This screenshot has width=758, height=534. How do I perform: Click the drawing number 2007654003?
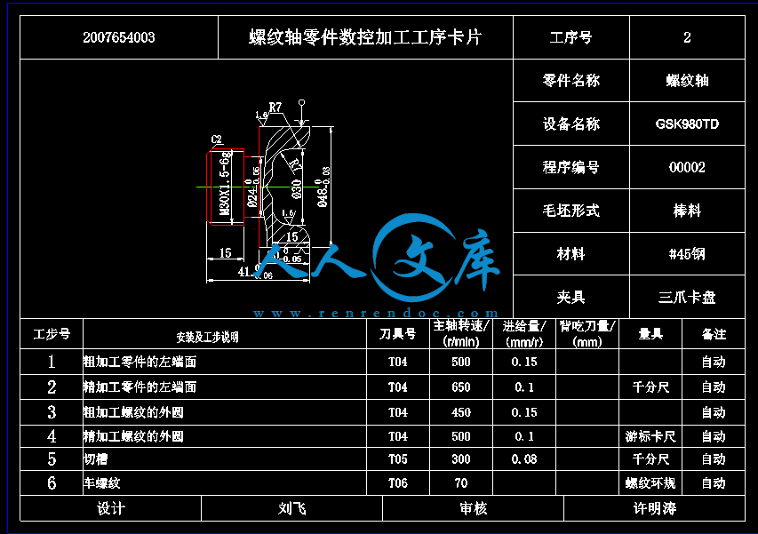click(x=118, y=37)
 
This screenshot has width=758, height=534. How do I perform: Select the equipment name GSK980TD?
click(x=687, y=124)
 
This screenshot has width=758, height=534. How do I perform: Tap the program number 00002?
click(x=687, y=168)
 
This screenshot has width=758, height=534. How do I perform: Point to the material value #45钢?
click(x=687, y=254)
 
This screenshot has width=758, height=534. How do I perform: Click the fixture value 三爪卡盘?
click(x=687, y=298)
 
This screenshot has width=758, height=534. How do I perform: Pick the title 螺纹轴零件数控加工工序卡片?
click(x=364, y=37)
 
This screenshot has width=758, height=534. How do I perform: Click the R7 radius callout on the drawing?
click(x=275, y=108)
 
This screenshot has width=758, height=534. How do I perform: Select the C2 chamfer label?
click(x=216, y=139)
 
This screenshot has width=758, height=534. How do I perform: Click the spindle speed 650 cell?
click(x=460, y=387)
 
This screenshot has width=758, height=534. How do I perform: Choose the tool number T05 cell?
click(x=397, y=459)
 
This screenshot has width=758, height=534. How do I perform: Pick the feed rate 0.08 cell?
click(x=524, y=459)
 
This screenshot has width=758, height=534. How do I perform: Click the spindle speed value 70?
click(x=460, y=483)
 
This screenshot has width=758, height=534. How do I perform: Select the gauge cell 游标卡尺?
click(x=650, y=436)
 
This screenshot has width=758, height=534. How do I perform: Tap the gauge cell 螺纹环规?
click(x=650, y=483)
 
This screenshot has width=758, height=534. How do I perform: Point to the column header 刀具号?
click(x=397, y=334)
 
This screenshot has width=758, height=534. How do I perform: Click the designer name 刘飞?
click(x=291, y=508)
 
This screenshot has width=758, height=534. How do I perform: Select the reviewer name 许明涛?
click(x=654, y=508)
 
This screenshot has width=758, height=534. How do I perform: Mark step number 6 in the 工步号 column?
click(x=52, y=483)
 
